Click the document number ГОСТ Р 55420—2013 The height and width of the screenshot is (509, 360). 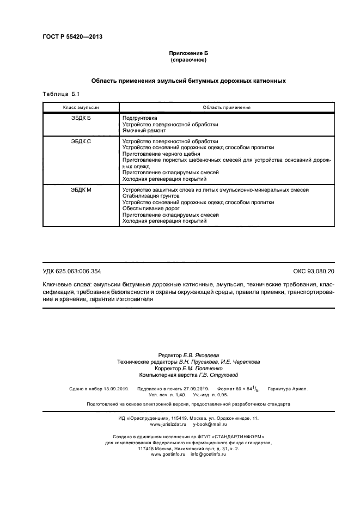click(x=72, y=37)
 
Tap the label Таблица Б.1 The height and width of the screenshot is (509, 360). click(x=61, y=95)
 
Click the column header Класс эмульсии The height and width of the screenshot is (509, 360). click(x=81, y=107)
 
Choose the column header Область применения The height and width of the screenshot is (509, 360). click(x=226, y=107)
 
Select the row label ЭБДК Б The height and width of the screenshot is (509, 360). click(x=81, y=118)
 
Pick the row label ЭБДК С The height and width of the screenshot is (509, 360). click(x=81, y=141)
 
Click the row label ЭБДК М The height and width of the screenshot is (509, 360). click(x=81, y=189)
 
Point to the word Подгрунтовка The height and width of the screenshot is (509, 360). click(x=140, y=118)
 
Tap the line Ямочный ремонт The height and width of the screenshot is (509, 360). click(x=144, y=131)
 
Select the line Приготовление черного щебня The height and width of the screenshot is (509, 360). click(x=162, y=154)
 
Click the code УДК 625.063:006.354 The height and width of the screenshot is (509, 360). click(x=72, y=271)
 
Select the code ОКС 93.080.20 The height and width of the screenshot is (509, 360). click(x=314, y=271)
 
